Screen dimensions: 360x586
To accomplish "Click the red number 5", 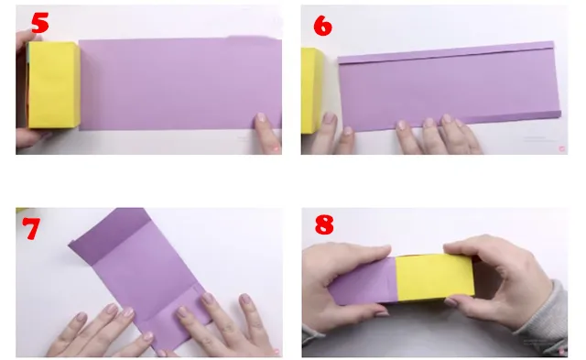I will [x=40, y=23].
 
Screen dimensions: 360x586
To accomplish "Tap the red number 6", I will [x=322, y=25].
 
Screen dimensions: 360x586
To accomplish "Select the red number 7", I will [x=32, y=228].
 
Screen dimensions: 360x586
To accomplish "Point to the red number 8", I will [x=323, y=225].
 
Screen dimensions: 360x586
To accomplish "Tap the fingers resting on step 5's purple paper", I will [x=266, y=128].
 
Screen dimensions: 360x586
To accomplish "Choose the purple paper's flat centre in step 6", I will [x=449, y=87].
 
